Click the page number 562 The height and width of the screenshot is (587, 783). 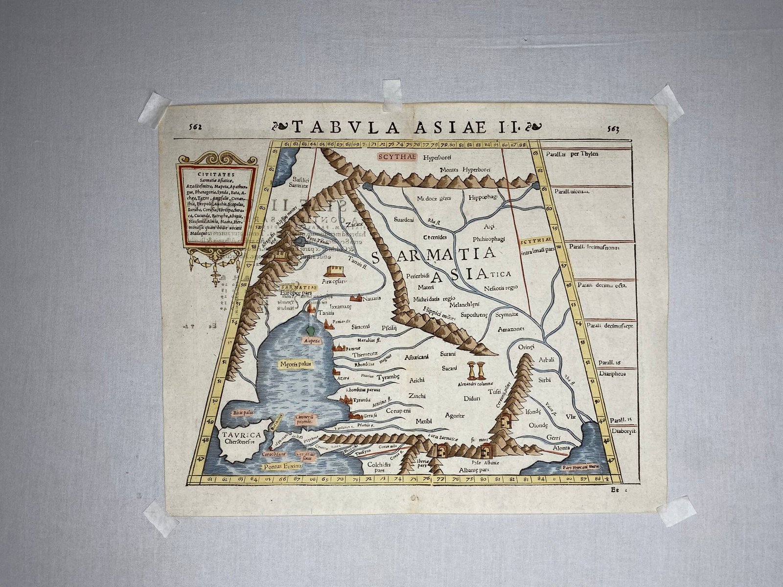point(194,127)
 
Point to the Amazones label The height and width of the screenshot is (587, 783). point(510,329)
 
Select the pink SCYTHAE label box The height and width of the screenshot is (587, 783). point(397,157)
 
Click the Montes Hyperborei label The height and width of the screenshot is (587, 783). point(462,170)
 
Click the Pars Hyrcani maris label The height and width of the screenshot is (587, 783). point(581,466)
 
